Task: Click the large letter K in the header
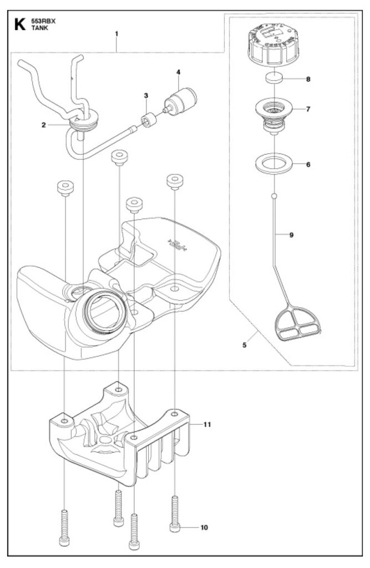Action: (x=20, y=24)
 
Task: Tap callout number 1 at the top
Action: (x=116, y=33)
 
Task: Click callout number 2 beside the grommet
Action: (x=44, y=125)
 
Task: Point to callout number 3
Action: (x=146, y=95)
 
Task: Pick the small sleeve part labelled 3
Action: (x=149, y=120)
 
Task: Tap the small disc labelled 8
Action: (x=275, y=78)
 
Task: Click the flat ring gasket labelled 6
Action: (x=275, y=163)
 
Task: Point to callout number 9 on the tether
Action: (x=291, y=235)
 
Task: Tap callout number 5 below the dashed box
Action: (x=244, y=345)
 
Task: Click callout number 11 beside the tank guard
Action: (x=207, y=424)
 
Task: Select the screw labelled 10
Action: (x=175, y=514)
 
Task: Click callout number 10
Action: (x=204, y=528)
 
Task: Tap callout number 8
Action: (x=308, y=79)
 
